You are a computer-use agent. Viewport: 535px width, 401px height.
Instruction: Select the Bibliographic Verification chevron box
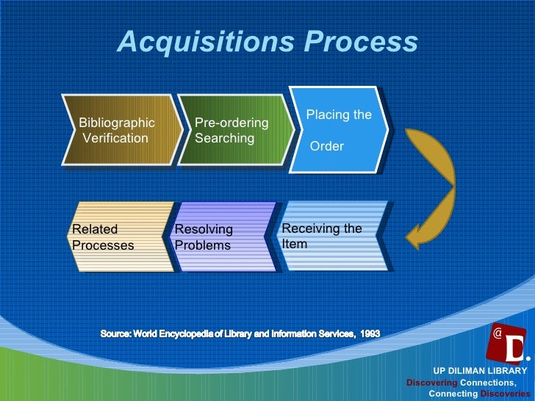coord(118,131)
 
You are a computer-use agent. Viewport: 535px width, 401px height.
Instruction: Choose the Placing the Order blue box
coord(338,131)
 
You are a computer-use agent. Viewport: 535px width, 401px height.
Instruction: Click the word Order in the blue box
coord(327,146)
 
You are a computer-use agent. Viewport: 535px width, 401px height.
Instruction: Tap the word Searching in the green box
coord(225,138)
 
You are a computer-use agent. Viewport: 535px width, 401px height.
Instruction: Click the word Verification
coord(116,138)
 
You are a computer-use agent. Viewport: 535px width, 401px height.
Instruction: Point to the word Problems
coord(203,245)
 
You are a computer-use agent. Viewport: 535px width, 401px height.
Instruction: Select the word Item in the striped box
coord(295,243)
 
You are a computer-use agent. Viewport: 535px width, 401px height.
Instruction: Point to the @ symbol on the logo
coord(498,333)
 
